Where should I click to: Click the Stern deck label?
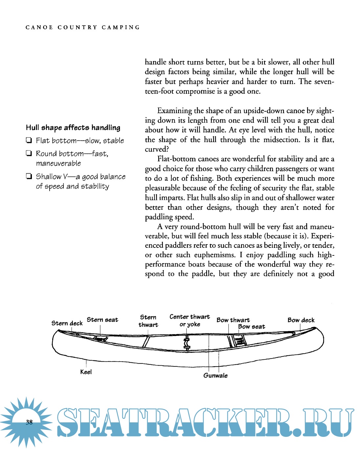coord(67,323)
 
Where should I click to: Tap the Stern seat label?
coord(102,320)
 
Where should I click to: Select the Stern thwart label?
coord(148,321)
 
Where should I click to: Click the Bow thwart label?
coord(233,320)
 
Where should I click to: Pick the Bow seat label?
coord(252,327)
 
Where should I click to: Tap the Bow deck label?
coord(301,320)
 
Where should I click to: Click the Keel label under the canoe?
coord(86,372)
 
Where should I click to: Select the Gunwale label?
coord(215,375)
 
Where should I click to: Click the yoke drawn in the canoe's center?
coord(187,343)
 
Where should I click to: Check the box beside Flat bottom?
coord(29,141)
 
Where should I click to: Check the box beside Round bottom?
coord(29,154)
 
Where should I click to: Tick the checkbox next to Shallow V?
coord(29,177)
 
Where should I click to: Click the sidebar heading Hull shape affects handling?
coord(73,128)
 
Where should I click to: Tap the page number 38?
coord(29,422)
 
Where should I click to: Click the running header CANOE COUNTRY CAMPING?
coord(83,27)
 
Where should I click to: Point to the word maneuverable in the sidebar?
coord(58,163)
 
